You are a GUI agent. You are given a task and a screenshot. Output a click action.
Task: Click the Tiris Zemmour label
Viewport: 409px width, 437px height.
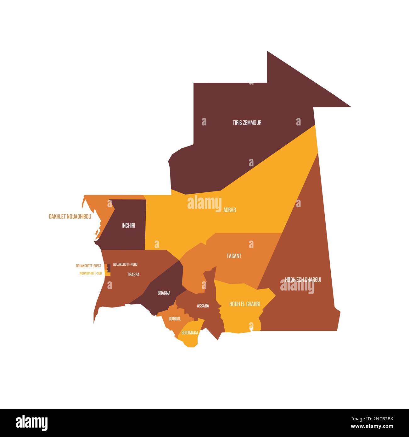(247, 123)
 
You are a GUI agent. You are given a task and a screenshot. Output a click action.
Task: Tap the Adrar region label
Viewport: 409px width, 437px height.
(229, 210)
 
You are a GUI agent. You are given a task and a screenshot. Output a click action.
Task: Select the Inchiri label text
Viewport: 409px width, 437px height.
(128, 225)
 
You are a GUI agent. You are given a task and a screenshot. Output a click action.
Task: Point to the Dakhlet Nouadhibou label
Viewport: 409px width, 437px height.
(70, 217)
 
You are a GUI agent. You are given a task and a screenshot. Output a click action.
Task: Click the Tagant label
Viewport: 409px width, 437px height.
(234, 256)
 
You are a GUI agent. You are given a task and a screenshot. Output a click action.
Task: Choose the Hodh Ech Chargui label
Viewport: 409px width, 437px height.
(303, 279)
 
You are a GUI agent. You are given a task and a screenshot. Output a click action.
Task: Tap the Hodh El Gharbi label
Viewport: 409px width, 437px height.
(244, 304)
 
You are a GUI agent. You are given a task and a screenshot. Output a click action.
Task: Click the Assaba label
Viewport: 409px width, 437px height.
(203, 306)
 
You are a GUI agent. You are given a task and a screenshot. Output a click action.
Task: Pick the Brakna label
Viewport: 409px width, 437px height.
(164, 293)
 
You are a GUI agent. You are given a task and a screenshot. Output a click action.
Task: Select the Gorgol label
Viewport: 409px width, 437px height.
(175, 319)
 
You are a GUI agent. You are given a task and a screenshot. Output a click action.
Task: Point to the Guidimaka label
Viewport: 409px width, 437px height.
(190, 332)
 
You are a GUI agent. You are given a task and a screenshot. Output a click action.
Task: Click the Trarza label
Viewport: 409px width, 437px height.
(133, 274)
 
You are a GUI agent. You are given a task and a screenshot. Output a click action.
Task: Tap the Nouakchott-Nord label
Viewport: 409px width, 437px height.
(125, 264)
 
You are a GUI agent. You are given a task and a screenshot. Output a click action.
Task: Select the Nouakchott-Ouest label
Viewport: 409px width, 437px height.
(88, 266)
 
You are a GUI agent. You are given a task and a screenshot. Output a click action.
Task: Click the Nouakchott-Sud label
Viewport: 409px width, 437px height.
(91, 273)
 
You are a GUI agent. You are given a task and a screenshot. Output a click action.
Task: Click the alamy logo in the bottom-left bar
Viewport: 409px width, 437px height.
(31, 423)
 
